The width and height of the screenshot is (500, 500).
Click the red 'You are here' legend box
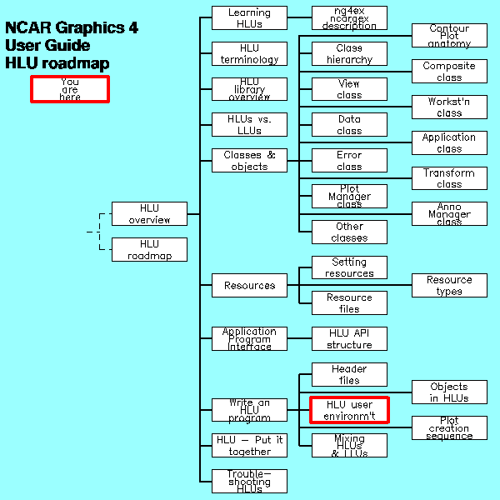70,89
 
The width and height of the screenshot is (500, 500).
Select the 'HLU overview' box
149,214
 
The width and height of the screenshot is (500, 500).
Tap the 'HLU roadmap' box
149,250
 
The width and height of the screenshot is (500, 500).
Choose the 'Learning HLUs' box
249,18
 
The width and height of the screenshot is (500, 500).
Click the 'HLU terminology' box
249,53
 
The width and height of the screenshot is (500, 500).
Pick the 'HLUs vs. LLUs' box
249,125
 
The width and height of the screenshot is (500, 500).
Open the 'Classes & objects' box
249,161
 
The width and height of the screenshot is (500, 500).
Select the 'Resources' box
249,286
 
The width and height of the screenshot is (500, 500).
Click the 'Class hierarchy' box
349,53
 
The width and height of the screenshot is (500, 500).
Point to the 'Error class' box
349,161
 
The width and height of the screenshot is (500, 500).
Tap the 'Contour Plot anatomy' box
449,36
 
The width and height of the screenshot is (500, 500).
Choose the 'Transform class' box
449,178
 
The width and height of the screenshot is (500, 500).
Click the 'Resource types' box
449,286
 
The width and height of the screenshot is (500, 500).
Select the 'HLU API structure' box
349,339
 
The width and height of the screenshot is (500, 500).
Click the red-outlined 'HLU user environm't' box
349,410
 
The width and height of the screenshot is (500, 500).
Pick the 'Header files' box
349,375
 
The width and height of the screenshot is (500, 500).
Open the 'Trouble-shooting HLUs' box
249,482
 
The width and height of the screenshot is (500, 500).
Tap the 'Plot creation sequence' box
449,428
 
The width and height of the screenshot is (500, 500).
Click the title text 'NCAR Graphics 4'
72,28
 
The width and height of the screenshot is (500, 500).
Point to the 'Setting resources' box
349,267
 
